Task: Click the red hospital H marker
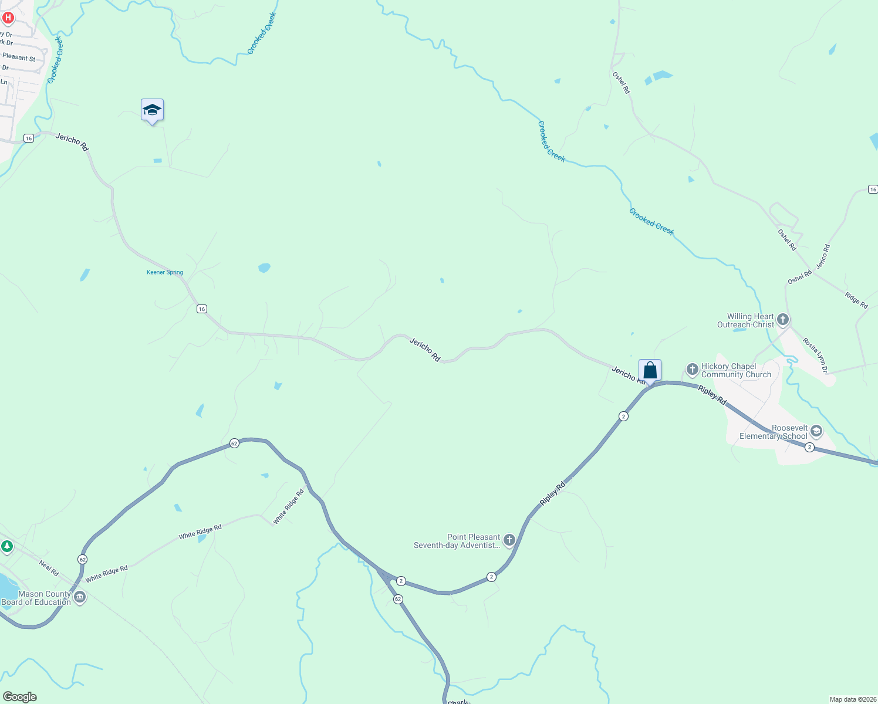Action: pos(8,18)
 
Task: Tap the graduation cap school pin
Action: pos(152,110)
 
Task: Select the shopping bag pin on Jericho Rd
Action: pos(650,370)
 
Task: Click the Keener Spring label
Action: pos(165,272)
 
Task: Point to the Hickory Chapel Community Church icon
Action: pos(693,370)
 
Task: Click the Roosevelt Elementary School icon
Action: pos(816,432)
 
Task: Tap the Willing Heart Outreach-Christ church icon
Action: pos(783,320)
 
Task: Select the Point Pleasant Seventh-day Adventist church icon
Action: pos(509,540)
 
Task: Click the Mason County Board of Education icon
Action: pos(80,598)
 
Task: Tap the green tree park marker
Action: pos(7,547)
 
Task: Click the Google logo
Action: pos(19,697)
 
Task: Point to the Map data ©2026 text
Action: pos(852,699)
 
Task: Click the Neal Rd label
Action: pos(49,568)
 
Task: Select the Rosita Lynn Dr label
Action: pos(815,356)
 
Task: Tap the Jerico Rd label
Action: pos(823,256)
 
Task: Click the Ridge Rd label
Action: pos(856,300)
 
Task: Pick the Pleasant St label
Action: pos(19,57)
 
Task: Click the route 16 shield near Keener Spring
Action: pos(201,309)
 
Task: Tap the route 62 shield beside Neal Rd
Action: pos(82,560)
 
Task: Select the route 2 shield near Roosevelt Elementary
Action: pos(810,448)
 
